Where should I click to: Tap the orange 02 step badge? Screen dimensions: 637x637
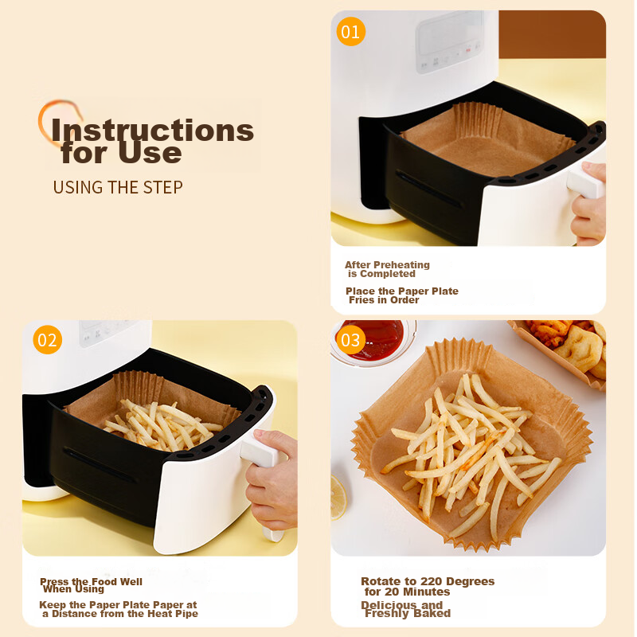coord(48,341)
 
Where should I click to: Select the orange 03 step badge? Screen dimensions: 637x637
coord(351,341)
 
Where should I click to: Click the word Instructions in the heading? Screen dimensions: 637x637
coord(152,130)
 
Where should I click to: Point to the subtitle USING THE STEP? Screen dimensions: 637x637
coord(118,187)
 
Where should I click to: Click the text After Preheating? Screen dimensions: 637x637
coord(387,265)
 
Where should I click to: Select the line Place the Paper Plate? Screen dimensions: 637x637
coord(402,291)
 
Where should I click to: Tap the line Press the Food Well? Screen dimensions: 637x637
coord(92,582)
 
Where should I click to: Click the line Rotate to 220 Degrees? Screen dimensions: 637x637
coord(428,581)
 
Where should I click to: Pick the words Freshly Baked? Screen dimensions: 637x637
coord(408,613)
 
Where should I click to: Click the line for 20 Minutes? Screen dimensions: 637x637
coord(407,592)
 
